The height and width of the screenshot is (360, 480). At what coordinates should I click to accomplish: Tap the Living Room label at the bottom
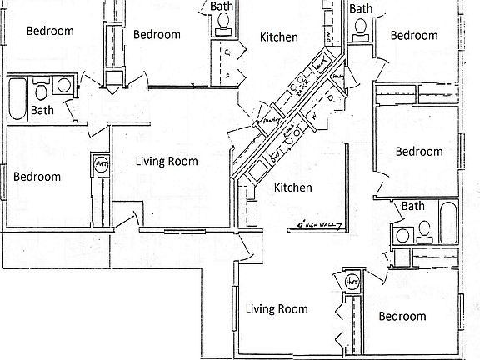click(x=276, y=309)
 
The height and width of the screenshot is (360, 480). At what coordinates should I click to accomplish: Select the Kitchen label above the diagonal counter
click(x=278, y=37)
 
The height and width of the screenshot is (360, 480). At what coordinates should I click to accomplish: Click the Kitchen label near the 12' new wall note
click(x=293, y=187)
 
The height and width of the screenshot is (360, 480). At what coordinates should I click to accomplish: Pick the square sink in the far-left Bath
click(x=63, y=85)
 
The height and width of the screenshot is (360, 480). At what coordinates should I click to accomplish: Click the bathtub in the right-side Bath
click(x=447, y=222)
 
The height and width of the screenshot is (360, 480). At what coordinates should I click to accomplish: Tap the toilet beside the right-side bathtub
click(x=424, y=227)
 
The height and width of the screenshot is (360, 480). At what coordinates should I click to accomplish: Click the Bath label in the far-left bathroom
click(x=42, y=109)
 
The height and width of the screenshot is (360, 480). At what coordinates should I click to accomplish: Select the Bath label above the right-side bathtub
click(x=412, y=206)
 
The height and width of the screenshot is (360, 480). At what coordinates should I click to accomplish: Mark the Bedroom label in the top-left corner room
click(x=50, y=31)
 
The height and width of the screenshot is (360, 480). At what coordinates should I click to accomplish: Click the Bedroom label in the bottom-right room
click(x=402, y=316)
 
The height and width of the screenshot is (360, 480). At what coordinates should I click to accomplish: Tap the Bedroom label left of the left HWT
click(x=37, y=177)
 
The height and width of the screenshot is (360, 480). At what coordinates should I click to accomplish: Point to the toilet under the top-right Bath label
click(x=361, y=26)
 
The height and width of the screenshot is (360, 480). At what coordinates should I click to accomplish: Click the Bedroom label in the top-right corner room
click(x=414, y=35)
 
